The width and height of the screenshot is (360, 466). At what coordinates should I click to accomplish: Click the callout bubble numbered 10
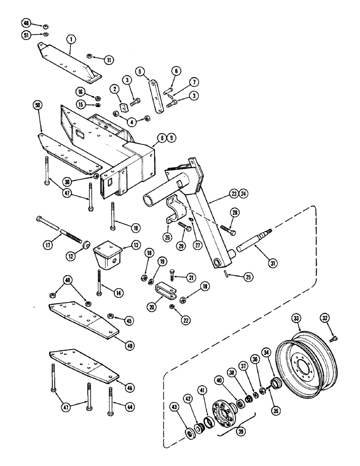[x=136, y=228]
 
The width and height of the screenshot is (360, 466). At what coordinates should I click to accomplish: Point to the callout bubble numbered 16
[x=80, y=93]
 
